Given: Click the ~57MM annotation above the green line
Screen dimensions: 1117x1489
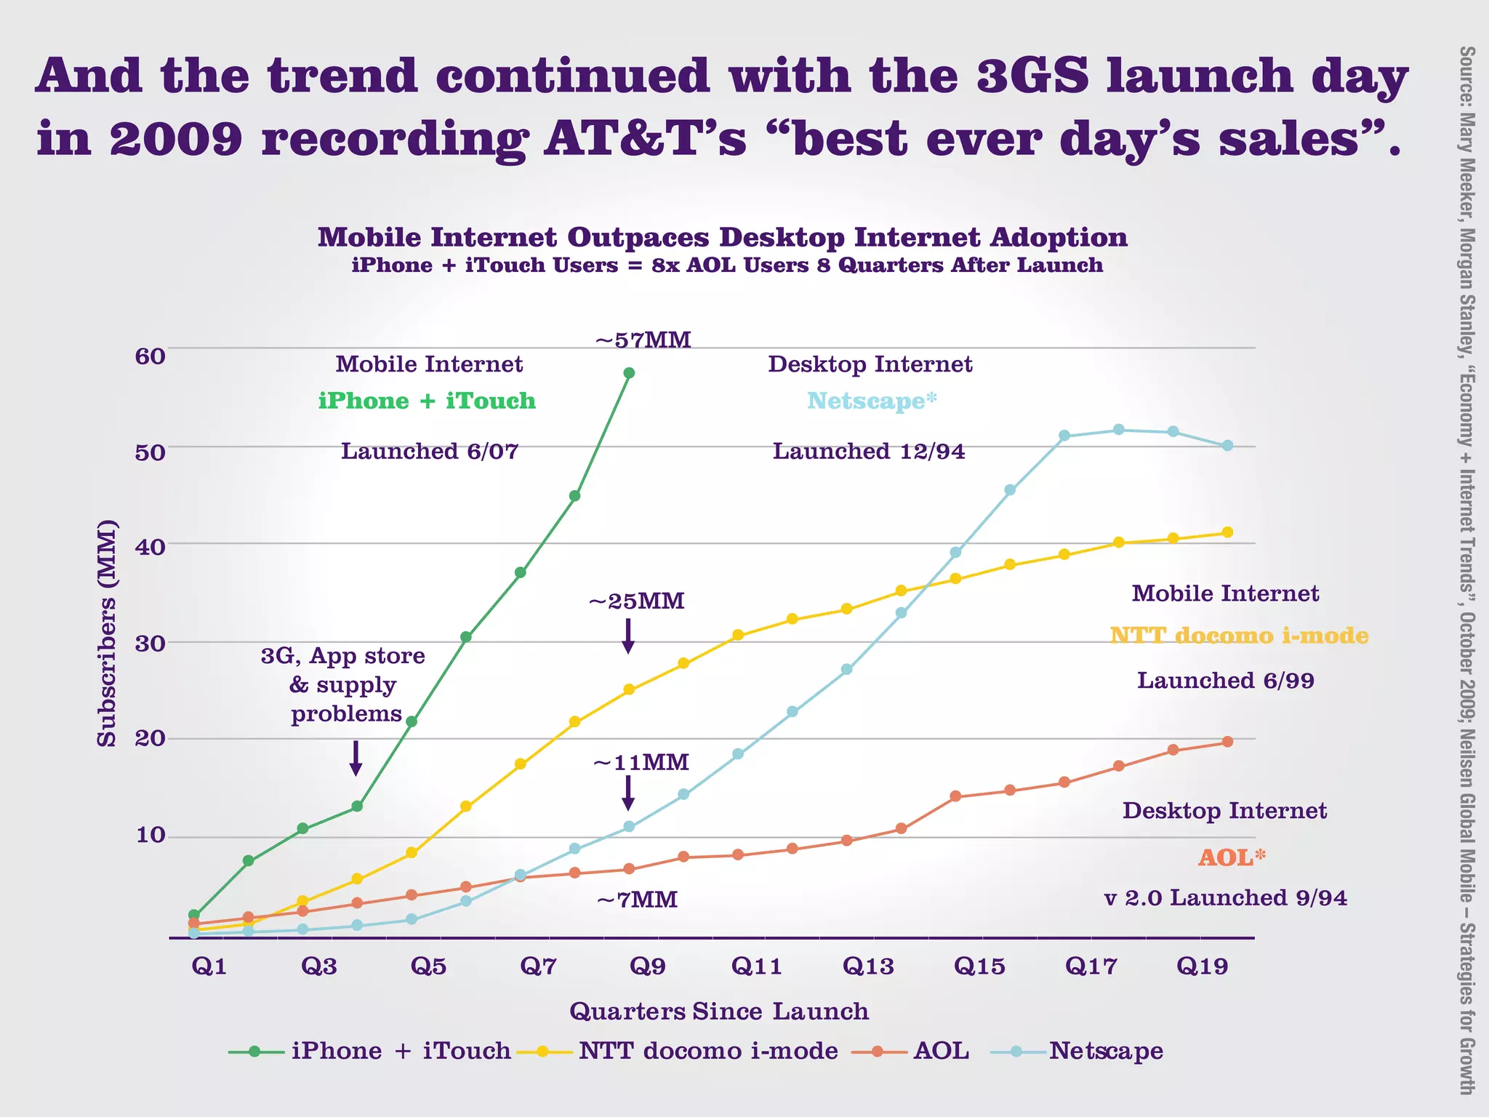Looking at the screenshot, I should click(643, 340).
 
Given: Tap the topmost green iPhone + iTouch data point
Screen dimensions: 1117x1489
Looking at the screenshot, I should click(629, 373).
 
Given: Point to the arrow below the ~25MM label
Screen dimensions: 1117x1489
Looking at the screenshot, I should click(629, 636).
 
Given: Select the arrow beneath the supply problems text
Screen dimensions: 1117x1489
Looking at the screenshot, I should click(356, 758).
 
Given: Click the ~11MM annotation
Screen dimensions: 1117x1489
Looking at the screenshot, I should click(641, 763).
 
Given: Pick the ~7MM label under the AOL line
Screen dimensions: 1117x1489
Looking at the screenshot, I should click(637, 900).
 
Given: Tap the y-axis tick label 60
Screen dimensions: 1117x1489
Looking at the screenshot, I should click(150, 356).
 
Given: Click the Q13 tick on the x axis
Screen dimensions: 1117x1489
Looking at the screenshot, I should click(867, 966).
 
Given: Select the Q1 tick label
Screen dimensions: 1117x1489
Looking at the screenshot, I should click(209, 966).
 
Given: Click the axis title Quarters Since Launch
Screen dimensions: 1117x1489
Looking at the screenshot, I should click(719, 1012).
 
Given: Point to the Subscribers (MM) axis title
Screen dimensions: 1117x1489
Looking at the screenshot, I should click(107, 633).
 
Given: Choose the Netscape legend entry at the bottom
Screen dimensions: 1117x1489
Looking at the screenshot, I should click(1105, 1051).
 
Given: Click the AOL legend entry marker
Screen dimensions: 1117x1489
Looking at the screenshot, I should click(878, 1051).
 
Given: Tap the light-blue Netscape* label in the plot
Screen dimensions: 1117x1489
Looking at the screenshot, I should click(872, 401).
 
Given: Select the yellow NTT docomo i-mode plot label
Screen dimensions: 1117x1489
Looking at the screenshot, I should click(1239, 636).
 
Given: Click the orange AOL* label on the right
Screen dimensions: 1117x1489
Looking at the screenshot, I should click(1231, 857).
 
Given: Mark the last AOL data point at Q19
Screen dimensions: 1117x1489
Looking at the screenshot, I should click(1227, 742).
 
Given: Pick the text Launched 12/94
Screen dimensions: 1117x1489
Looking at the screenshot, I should click(869, 452).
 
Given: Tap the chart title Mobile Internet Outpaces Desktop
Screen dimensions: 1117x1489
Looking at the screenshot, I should click(722, 238).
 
